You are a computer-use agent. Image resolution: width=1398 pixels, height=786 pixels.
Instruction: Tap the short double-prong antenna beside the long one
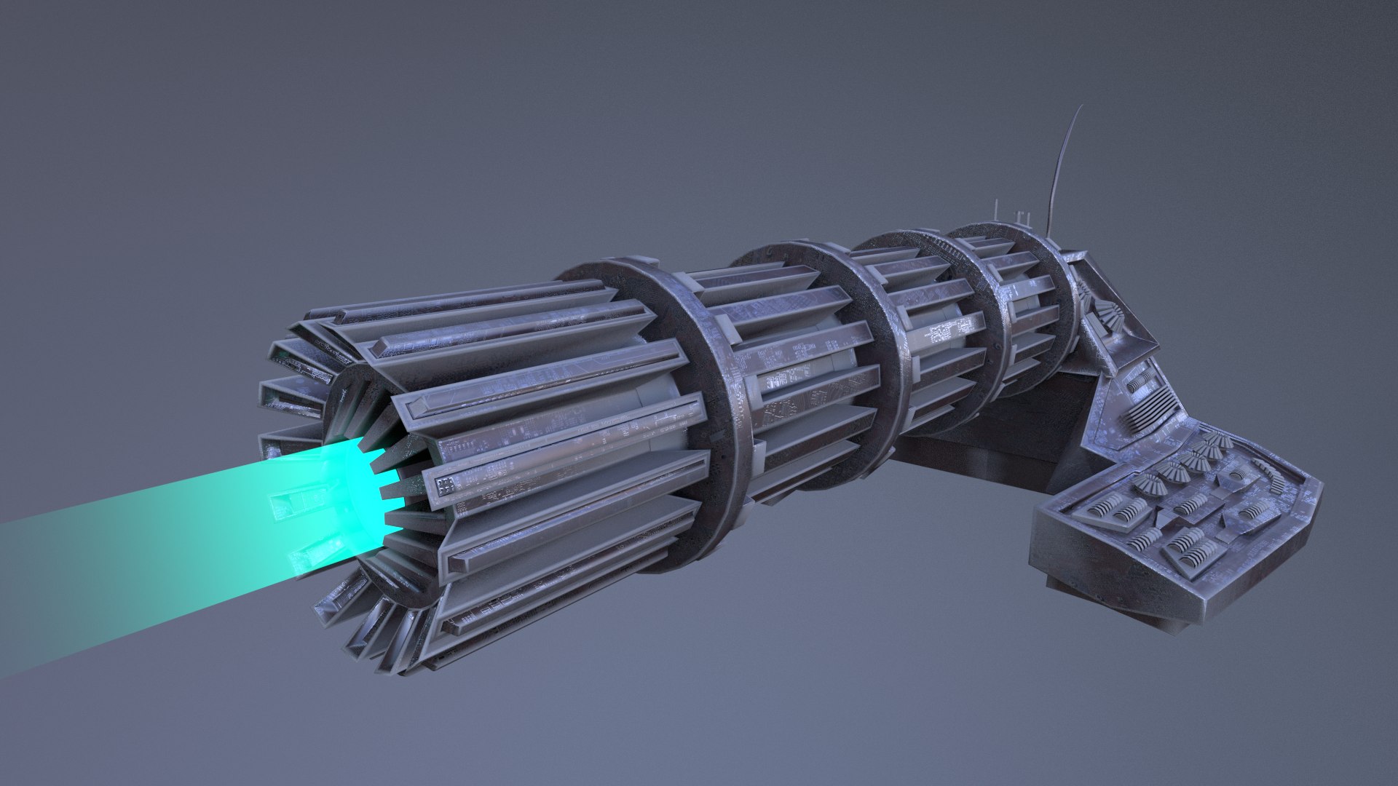pyautogui.click(x=1022, y=216)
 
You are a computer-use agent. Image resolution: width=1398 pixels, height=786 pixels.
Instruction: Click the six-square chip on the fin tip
pyautogui.click(x=446, y=483)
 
